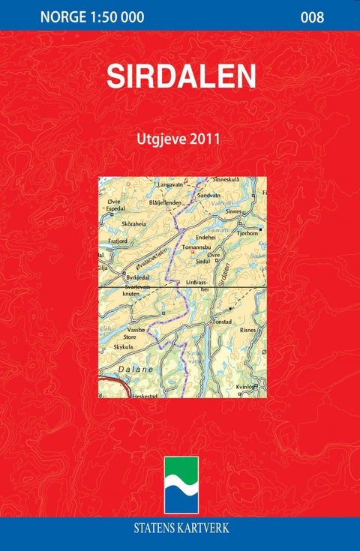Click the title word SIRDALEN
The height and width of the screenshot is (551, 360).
(x=181, y=76)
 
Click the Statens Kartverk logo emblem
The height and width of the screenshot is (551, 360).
(x=181, y=485)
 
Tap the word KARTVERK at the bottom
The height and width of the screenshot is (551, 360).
(x=206, y=528)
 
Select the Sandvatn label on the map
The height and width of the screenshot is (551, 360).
(x=209, y=194)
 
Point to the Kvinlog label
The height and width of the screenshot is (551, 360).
(x=247, y=386)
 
